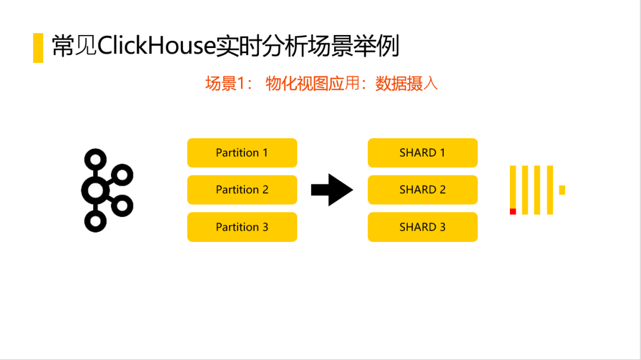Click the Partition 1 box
click(242, 153)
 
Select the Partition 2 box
click(242, 190)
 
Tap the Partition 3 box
click(242, 227)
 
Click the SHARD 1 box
click(423, 153)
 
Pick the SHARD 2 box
click(423, 190)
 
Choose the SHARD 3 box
click(423, 227)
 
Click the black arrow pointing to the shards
click(332, 190)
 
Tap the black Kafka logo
click(106, 190)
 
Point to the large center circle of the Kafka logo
click(95, 190)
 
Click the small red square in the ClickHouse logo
click(513, 211)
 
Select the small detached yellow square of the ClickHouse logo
click(562, 190)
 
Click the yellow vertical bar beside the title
click(38, 47)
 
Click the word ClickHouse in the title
click(156, 46)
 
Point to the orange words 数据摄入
click(407, 84)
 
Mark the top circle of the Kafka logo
click(95, 159)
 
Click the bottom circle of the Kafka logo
click(95, 221)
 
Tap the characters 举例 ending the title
click(387, 46)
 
